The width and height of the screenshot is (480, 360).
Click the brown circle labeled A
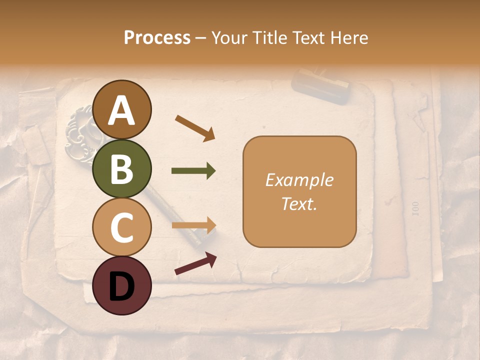point(122,110)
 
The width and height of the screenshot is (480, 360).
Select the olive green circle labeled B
point(122,168)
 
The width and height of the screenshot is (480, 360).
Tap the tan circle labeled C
point(122,227)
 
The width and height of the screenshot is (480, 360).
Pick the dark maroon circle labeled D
point(122,285)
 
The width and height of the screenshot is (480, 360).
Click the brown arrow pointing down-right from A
point(195,128)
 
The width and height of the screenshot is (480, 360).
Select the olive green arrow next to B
point(193,171)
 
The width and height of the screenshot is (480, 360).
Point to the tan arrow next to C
point(193,225)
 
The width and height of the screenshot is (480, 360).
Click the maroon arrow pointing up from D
point(195,263)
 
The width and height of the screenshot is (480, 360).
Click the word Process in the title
point(157,38)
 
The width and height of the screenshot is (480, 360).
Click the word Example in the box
point(299,180)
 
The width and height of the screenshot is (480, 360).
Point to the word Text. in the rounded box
point(299,203)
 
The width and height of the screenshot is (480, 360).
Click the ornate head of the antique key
point(80,127)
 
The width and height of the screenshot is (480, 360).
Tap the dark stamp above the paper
point(320,86)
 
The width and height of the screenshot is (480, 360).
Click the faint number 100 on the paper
point(415,207)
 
